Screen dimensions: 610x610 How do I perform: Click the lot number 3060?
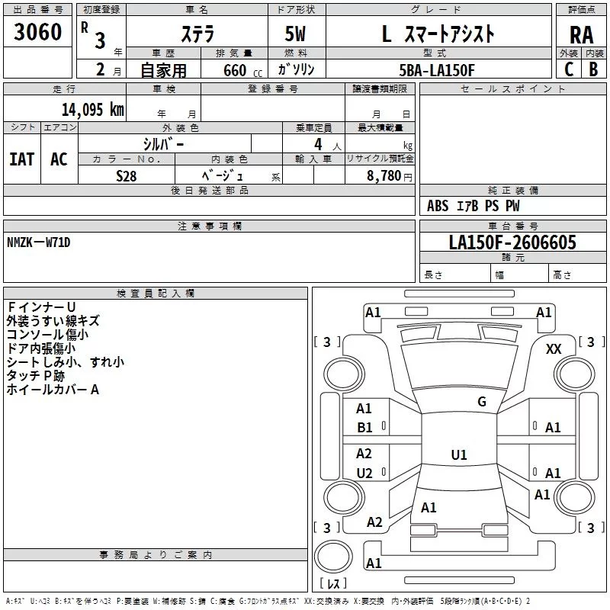[37, 32]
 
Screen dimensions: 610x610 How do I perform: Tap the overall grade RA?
[582, 35]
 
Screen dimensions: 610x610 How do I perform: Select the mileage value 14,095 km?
[92, 110]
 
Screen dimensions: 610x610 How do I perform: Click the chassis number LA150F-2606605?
[512, 242]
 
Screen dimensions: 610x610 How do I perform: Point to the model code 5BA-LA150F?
[437, 70]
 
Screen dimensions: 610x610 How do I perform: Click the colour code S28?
[127, 176]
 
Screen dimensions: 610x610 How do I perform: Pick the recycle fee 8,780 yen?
[390, 176]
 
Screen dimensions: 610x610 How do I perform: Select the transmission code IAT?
[22, 159]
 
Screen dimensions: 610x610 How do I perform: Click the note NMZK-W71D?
[39, 242]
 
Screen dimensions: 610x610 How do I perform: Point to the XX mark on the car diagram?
[554, 349]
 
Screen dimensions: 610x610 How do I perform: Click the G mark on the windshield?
[482, 402]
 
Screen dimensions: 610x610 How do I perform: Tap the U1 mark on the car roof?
[459, 454]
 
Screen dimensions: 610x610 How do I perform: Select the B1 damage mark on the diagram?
[364, 428]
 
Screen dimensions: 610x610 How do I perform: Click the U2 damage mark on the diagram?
[364, 473]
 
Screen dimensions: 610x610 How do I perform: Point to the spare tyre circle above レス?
[333, 557]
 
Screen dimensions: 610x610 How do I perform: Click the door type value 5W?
[295, 34]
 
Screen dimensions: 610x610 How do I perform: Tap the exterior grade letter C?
[569, 69]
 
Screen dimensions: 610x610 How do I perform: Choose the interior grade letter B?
[594, 69]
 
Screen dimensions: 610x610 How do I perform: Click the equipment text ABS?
[438, 206]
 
